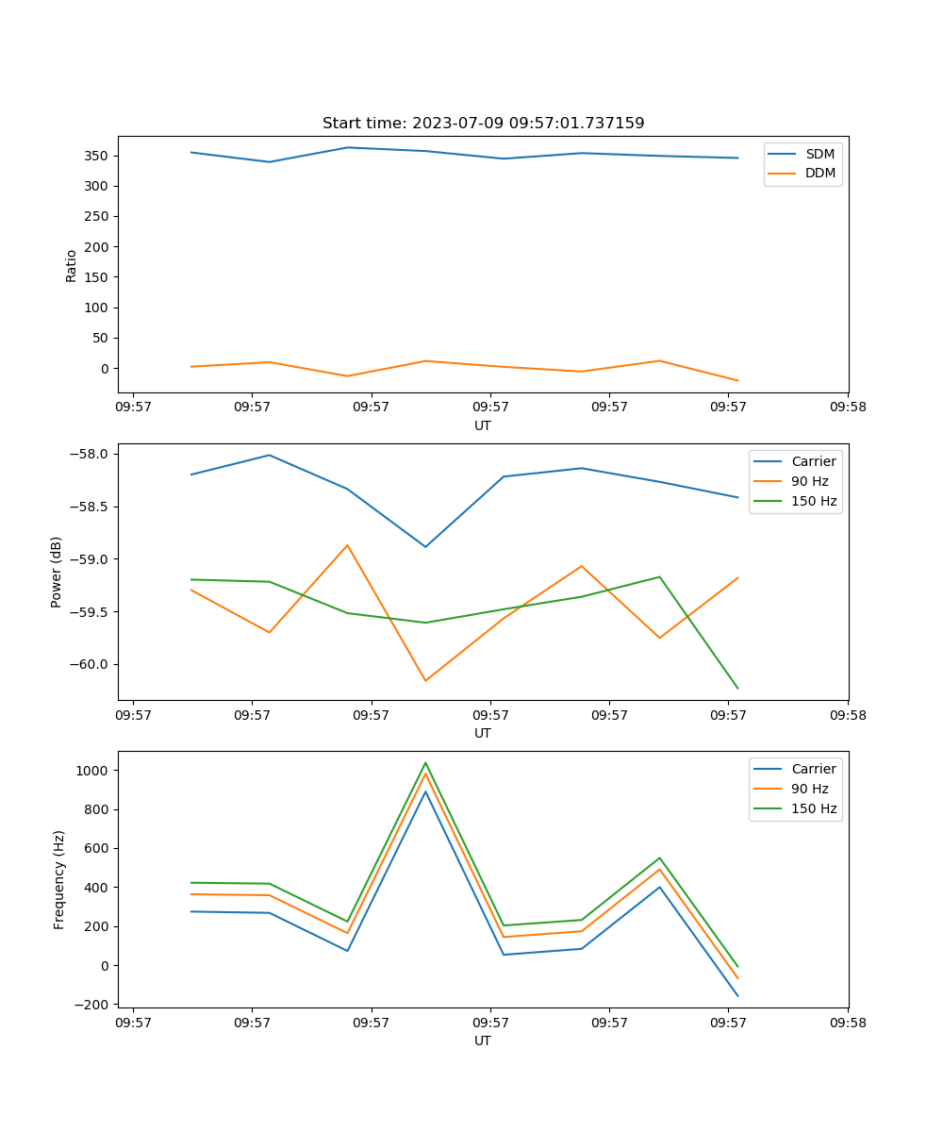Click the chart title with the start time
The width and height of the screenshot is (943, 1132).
point(483,124)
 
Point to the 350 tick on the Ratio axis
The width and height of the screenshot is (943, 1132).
point(97,156)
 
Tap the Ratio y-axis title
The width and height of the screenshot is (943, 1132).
point(72,266)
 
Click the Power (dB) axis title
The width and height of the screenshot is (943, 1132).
point(58,572)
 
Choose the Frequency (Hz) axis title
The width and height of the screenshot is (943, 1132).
point(59,879)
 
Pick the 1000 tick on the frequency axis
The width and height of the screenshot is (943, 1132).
point(95,771)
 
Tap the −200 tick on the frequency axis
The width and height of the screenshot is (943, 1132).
point(92,1005)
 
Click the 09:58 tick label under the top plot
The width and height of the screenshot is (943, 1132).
point(847,408)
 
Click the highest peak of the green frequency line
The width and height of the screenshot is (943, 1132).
point(425,762)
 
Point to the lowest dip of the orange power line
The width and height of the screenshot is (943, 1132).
point(425,680)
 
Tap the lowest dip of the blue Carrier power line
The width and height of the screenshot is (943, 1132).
point(425,547)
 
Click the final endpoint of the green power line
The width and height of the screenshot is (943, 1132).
point(737,689)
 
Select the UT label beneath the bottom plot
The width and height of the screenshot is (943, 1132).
point(483,1040)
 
